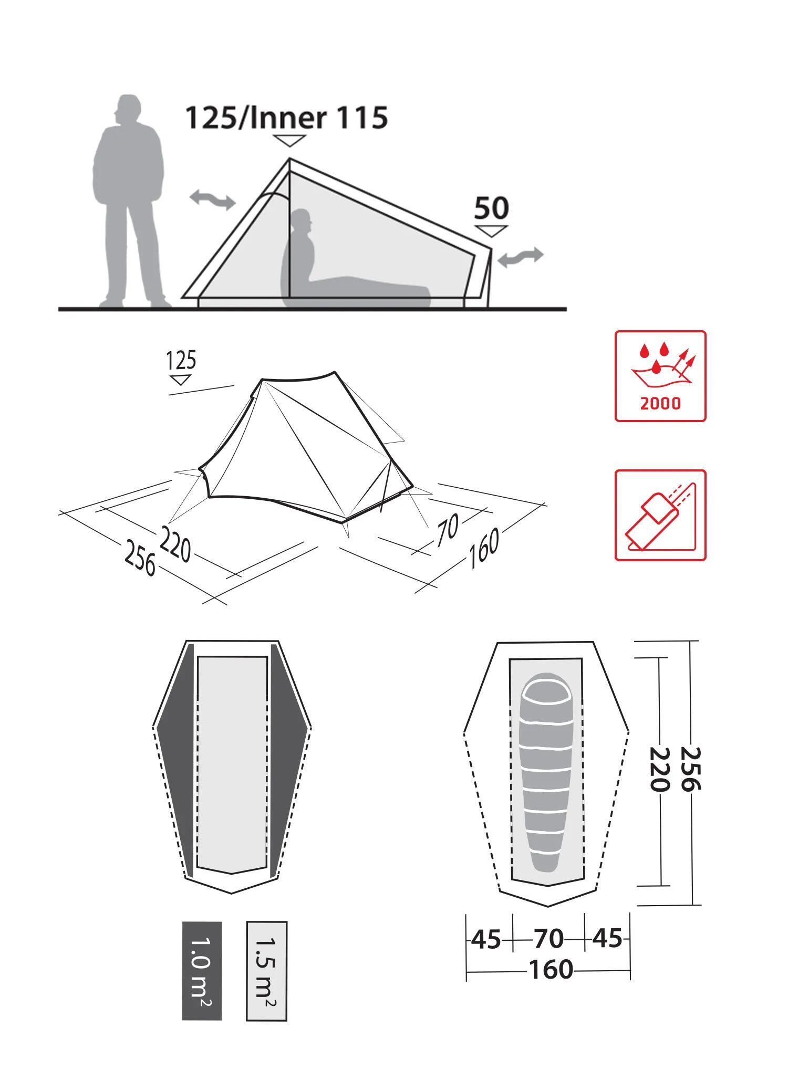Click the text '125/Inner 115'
[286, 118]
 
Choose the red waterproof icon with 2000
[660, 376]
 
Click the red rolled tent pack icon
[660, 515]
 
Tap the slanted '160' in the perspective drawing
[483, 548]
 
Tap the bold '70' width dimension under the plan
[548, 939]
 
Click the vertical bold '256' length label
[690, 769]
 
